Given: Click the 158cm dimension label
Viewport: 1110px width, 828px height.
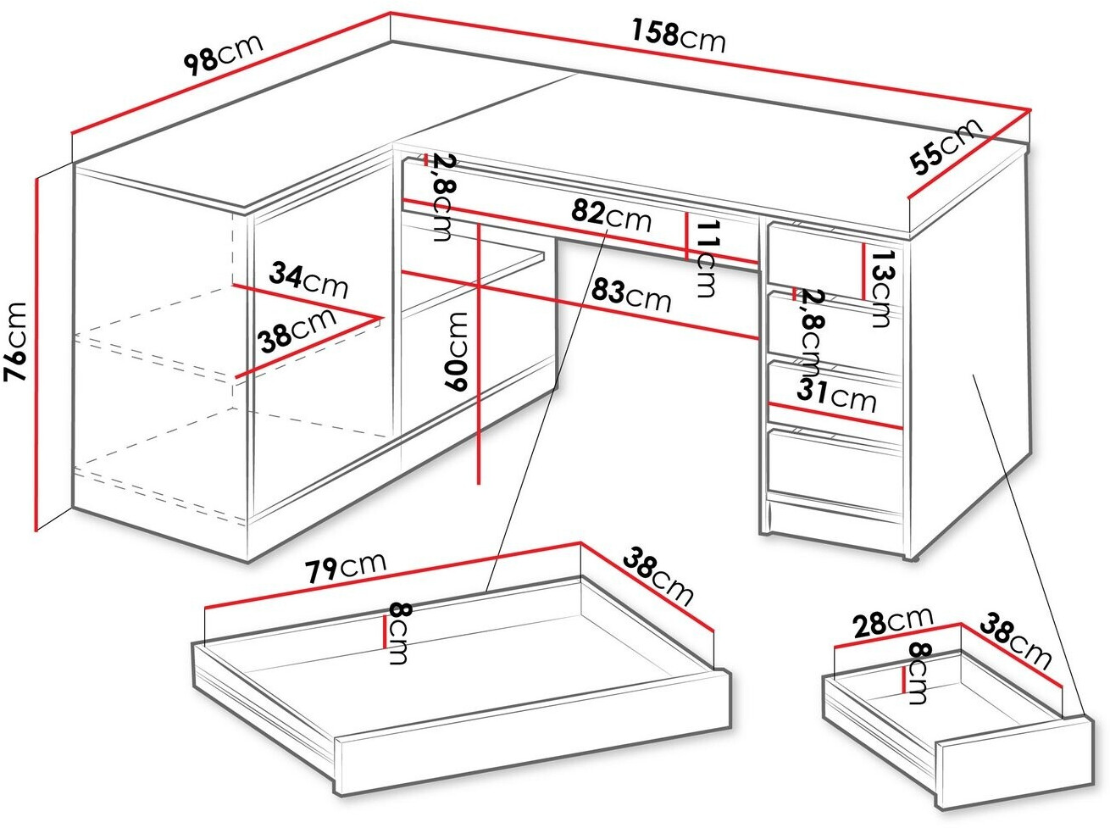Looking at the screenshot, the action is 678,36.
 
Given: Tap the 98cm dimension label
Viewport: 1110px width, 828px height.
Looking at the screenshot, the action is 223,54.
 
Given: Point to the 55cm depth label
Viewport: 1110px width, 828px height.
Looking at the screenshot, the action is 946,146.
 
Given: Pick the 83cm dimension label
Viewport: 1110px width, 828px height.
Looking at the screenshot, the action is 631,295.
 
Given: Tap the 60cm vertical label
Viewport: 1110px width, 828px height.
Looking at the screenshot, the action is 456,352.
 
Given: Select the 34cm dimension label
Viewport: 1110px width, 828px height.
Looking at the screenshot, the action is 308,280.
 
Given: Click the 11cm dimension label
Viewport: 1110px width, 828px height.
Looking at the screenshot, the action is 707,258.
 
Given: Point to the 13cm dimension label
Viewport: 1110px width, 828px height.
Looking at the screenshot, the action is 880,288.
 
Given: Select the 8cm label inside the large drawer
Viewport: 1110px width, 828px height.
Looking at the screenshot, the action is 399,633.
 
